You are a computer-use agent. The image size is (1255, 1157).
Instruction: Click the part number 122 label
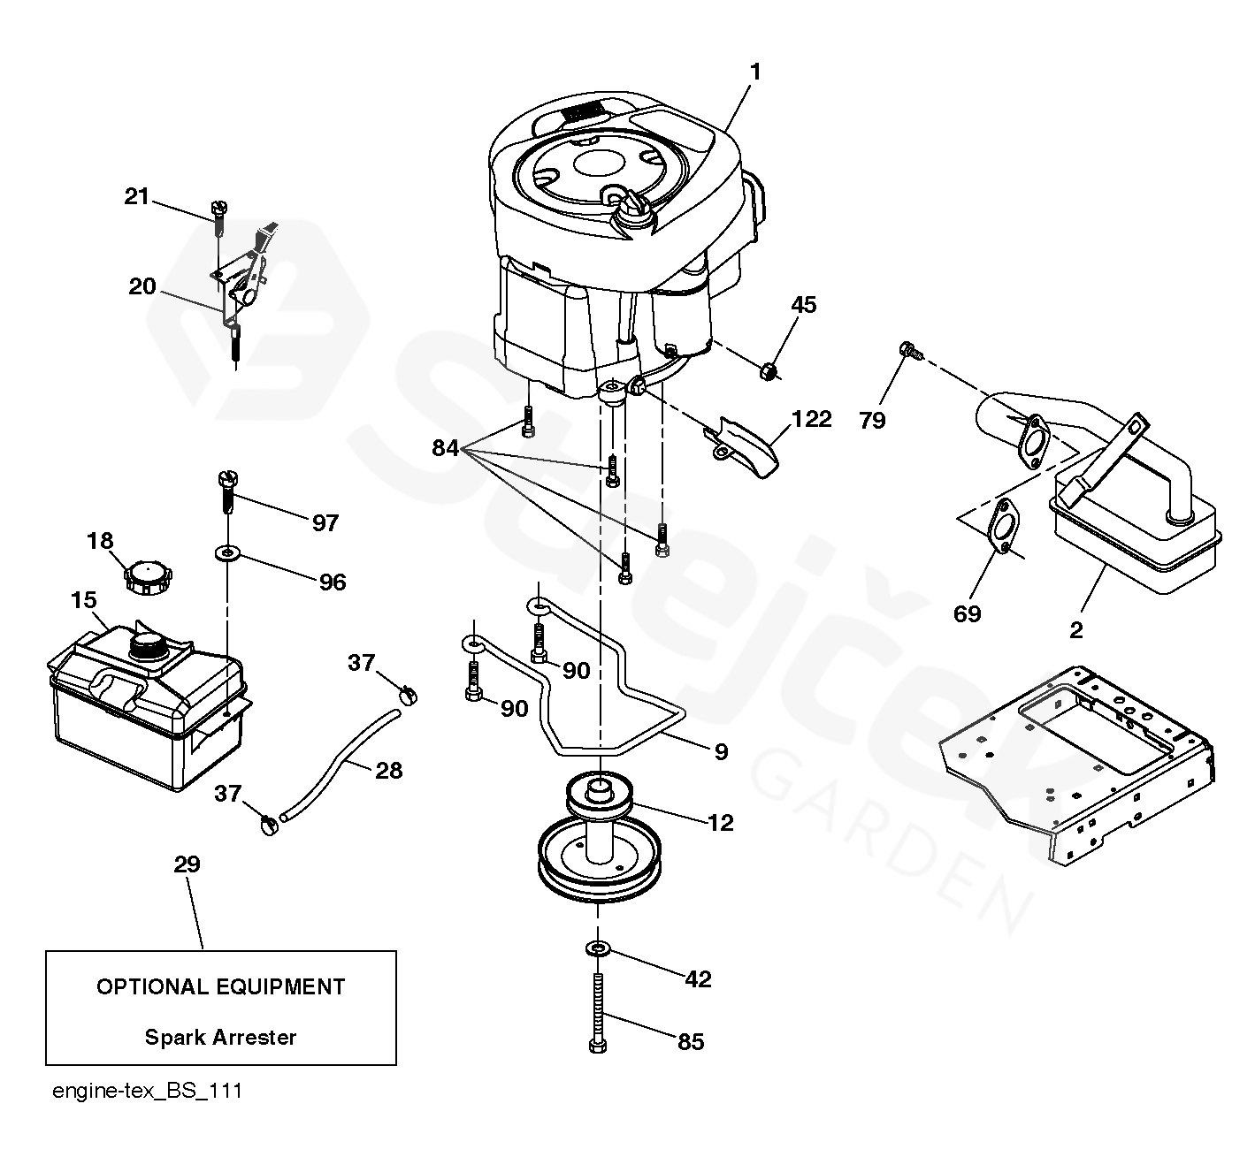[812, 418]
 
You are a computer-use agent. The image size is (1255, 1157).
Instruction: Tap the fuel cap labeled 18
[146, 576]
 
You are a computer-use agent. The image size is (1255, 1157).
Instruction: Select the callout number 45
[803, 305]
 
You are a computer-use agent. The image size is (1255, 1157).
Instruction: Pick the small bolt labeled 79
[908, 350]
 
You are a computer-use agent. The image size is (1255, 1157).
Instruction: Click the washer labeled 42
[598, 949]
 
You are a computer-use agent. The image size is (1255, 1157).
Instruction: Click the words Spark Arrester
[220, 1037]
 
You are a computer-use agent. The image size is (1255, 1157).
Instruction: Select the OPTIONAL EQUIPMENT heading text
[220, 986]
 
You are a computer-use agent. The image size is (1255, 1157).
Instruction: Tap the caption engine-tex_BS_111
[147, 1091]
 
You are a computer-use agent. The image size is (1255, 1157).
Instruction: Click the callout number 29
[187, 864]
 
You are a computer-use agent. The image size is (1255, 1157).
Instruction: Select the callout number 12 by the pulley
[721, 823]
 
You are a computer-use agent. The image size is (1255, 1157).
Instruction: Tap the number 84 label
[445, 448]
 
